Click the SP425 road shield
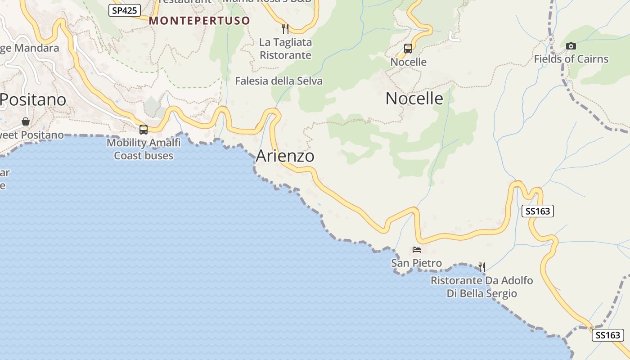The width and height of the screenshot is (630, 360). pyautogui.click(x=125, y=10)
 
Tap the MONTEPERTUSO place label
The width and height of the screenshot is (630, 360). pyautogui.click(x=199, y=21)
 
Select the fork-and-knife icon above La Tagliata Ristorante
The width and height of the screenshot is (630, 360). pyautogui.click(x=285, y=29)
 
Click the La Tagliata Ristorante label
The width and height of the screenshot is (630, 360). pyautogui.click(x=286, y=49)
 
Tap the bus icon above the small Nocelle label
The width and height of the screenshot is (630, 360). pyautogui.click(x=408, y=49)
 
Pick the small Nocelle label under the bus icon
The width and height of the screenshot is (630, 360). pyautogui.click(x=408, y=62)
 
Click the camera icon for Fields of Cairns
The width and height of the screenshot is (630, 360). pyautogui.click(x=571, y=46)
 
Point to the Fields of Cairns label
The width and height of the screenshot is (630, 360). pyautogui.click(x=571, y=59)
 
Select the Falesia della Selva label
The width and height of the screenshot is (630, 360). pyautogui.click(x=279, y=81)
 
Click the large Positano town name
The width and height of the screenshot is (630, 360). pyautogui.click(x=33, y=99)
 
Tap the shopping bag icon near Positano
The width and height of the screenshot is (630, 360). pyautogui.click(x=26, y=121)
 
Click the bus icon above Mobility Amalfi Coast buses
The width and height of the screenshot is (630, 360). pyautogui.click(x=144, y=130)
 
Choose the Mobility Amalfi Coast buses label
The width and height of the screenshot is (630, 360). pyautogui.click(x=144, y=149)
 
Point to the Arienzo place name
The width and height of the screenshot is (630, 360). pyautogui.click(x=285, y=156)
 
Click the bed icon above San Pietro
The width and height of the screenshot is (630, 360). pyautogui.click(x=416, y=250)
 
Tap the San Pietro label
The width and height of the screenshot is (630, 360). pyautogui.click(x=416, y=263)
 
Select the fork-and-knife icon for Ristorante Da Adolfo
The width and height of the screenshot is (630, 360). pyautogui.click(x=481, y=267)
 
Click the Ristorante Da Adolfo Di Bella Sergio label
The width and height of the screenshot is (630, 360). pyautogui.click(x=481, y=287)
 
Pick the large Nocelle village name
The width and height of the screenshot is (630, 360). pyautogui.click(x=414, y=99)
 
